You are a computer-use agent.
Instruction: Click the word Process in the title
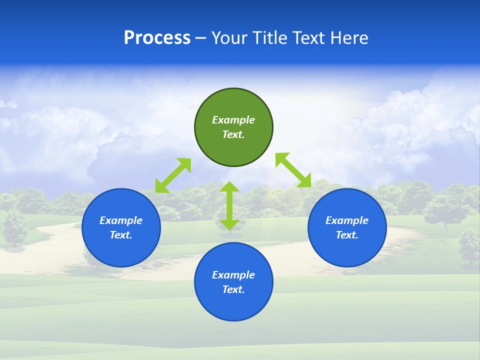(157, 38)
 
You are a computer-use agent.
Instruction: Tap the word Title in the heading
(271, 38)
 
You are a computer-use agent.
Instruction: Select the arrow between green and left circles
(173, 175)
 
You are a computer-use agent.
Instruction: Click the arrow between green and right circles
(293, 170)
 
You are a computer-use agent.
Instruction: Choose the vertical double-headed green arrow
(229, 205)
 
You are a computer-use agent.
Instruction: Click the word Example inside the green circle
(233, 120)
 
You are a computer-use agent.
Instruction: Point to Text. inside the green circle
(233, 134)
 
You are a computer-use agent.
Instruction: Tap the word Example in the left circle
(121, 220)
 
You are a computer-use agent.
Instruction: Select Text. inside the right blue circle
(347, 235)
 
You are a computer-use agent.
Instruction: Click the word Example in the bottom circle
(233, 275)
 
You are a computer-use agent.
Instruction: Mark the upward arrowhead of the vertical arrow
(229, 187)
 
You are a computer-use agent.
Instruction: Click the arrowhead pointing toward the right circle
(304, 180)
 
